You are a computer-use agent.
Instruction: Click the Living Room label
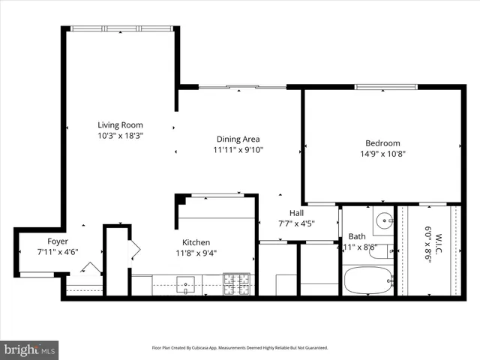(120, 125)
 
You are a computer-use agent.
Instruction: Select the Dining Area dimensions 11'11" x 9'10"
(238, 149)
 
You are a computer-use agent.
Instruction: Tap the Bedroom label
(382, 143)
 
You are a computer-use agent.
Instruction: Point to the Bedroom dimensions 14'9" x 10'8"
(382, 154)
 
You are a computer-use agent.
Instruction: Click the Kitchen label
(196, 242)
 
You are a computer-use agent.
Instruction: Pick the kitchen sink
(184, 283)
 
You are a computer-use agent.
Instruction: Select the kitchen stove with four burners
(236, 284)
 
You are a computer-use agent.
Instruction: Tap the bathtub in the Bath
(367, 281)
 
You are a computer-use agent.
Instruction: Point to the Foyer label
(58, 241)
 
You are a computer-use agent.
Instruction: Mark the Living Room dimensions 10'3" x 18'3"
(120, 136)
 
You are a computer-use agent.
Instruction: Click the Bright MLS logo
(30, 349)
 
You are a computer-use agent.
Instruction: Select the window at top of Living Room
(121, 28)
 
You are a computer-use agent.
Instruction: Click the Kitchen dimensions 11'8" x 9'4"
(196, 253)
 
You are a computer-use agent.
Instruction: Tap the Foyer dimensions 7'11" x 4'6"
(58, 253)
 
